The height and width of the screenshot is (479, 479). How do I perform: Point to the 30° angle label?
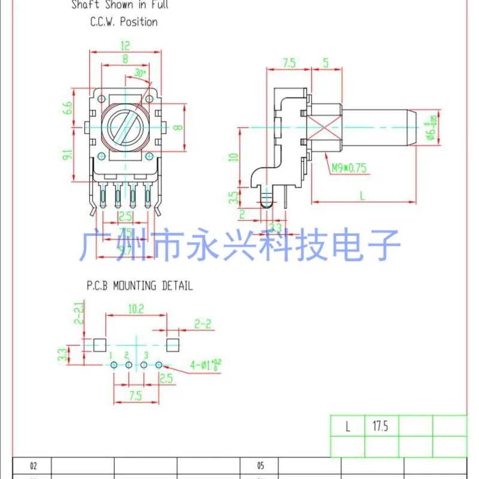141,73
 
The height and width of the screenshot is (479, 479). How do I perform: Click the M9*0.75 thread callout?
348,168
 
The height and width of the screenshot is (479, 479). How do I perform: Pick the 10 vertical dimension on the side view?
235,157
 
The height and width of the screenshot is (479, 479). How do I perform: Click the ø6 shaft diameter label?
430,128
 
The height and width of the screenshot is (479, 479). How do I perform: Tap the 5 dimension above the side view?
325,62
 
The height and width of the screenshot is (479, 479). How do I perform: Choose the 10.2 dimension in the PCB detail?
135,309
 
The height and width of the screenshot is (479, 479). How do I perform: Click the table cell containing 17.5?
381,426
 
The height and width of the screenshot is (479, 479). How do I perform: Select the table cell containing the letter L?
347,426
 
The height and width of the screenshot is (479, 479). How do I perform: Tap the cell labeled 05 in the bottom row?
260,465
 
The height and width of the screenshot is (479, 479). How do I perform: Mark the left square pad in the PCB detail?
100,344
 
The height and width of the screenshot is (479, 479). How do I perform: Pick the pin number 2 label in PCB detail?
127,356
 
